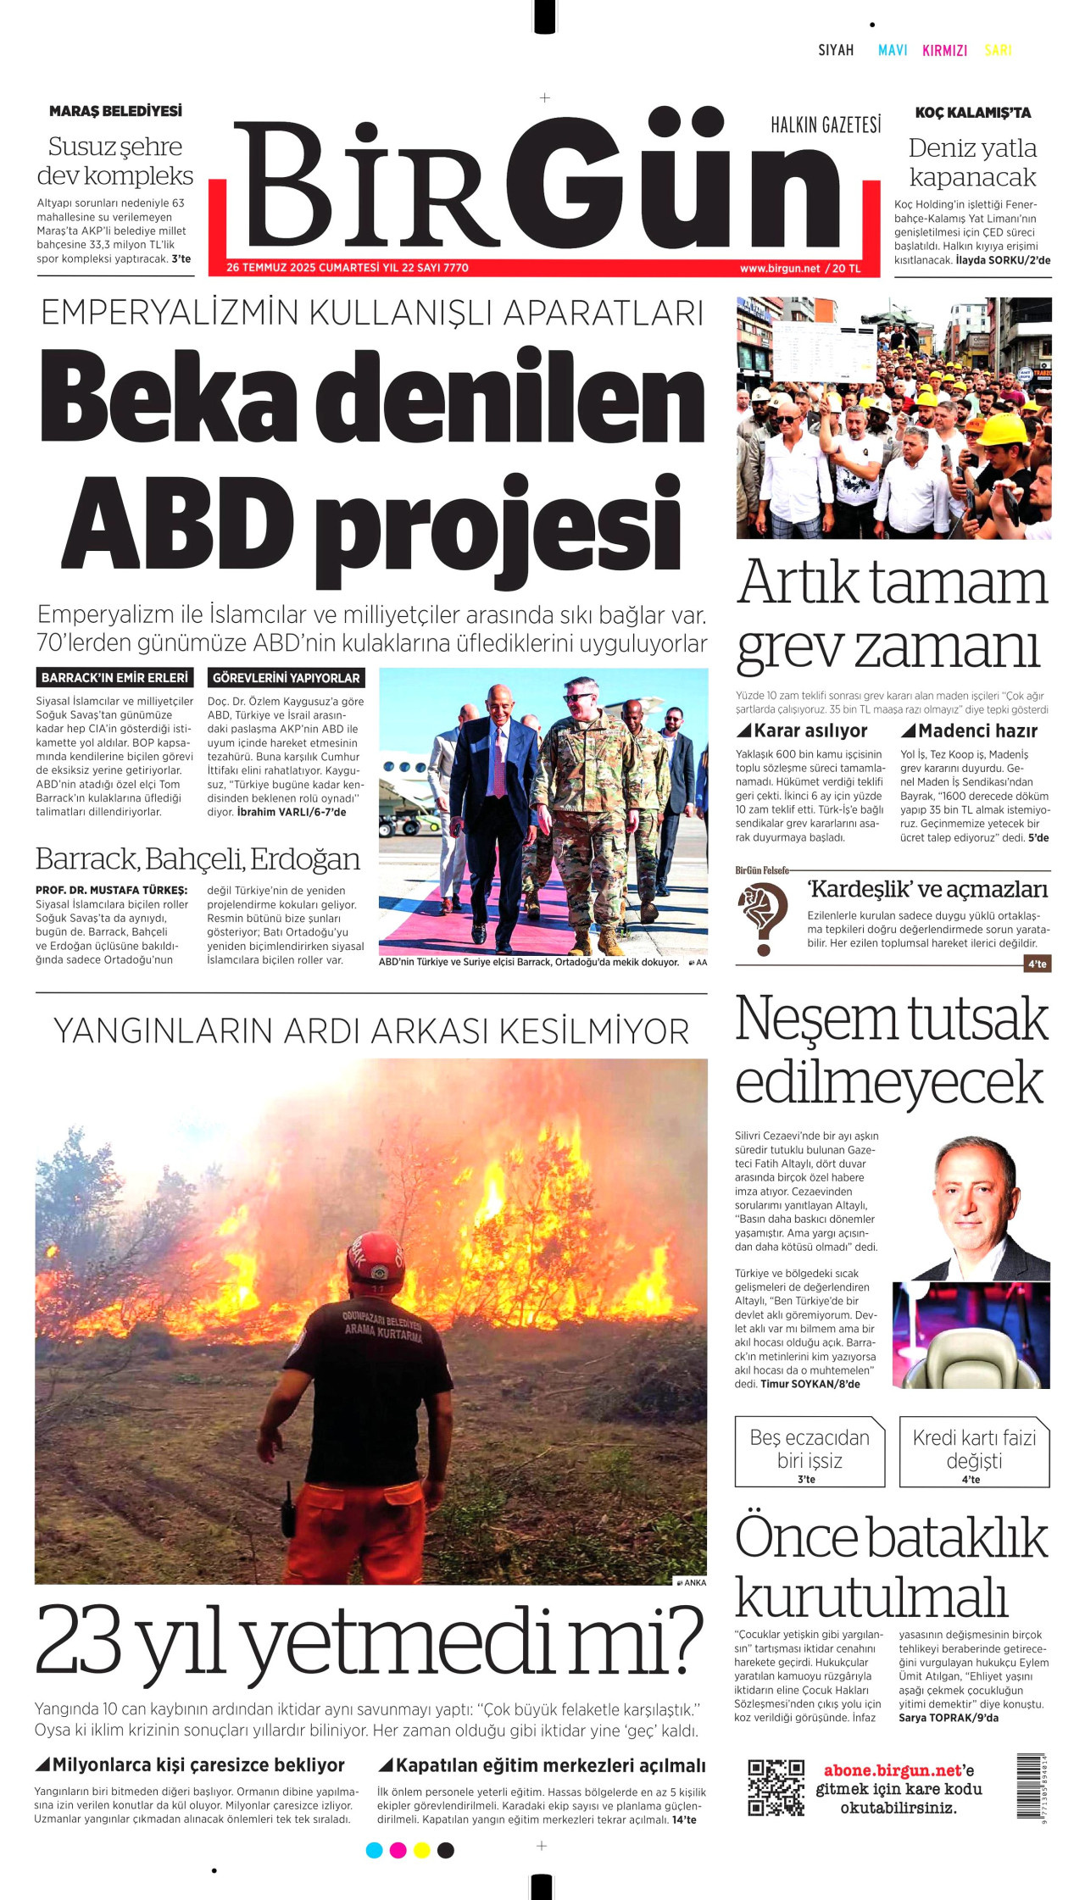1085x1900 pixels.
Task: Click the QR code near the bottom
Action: click(x=776, y=1787)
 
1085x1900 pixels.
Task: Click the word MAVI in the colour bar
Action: click(x=893, y=50)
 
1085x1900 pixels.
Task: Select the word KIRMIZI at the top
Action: click(x=944, y=50)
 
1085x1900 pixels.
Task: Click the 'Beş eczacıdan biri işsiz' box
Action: click(x=810, y=1452)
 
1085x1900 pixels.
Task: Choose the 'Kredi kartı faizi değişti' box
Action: click(x=974, y=1452)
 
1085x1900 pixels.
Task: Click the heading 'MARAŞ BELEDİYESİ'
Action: click(x=115, y=111)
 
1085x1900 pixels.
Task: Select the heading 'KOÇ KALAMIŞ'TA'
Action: click(x=972, y=113)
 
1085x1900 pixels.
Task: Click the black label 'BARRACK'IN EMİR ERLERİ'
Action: click(x=114, y=678)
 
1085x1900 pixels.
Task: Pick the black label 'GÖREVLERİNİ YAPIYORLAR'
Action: click(x=287, y=678)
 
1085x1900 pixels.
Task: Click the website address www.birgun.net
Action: click(x=779, y=269)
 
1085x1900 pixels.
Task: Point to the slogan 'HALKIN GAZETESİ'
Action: click(x=825, y=125)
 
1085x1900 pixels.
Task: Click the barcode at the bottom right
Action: click(x=1031, y=1786)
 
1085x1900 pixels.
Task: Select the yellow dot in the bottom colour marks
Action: click(x=421, y=1850)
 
